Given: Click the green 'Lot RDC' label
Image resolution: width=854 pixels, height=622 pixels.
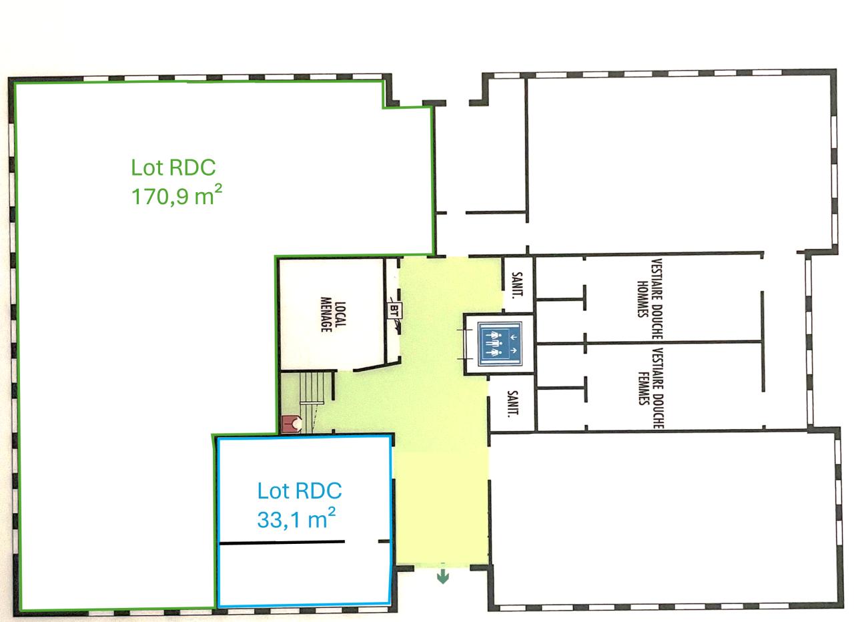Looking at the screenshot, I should click(x=173, y=167).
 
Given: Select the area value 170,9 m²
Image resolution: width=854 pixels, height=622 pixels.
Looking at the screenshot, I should click(x=176, y=197).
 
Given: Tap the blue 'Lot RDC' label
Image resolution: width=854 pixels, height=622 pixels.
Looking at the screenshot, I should click(x=299, y=491).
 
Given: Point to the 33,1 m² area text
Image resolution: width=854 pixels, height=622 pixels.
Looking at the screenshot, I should click(x=296, y=519).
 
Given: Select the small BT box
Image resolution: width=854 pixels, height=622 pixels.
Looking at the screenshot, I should click(x=395, y=310).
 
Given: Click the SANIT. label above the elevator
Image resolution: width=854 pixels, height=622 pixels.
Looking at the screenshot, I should click(x=518, y=284).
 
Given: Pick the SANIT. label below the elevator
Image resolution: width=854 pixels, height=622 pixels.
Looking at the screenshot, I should click(x=512, y=404).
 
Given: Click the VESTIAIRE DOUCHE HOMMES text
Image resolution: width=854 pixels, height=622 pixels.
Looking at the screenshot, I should click(x=649, y=289).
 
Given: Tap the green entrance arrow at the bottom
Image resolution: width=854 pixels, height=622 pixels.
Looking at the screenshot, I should click(x=442, y=576).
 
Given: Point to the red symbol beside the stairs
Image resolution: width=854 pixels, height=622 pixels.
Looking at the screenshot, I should click(x=292, y=423).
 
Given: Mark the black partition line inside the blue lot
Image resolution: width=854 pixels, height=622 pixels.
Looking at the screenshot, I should click(x=282, y=543).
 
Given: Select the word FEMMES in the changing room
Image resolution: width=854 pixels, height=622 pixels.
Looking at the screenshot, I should click(x=643, y=388).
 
